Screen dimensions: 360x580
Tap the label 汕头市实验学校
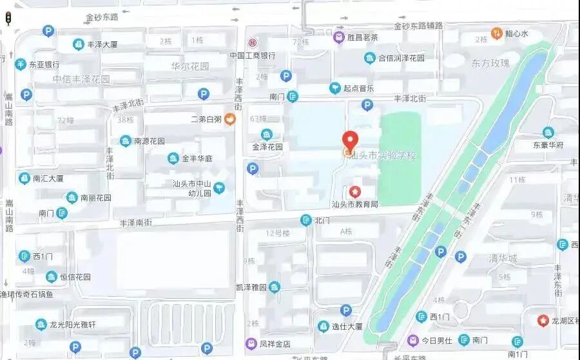click(383, 156)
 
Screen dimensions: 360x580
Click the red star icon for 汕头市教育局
click(354, 191)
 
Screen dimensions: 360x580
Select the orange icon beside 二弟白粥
click(230, 118)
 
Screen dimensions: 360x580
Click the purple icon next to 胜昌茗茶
click(338, 37)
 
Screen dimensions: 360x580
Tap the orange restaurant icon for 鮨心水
click(496, 33)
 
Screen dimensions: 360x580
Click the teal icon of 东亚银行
click(21, 64)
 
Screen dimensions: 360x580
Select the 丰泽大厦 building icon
click(78, 44)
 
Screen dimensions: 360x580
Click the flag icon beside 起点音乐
click(334, 88)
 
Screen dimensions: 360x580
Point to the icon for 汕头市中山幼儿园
click(220, 187)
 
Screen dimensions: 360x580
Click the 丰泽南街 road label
click(136, 222)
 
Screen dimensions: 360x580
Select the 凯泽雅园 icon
click(275, 287)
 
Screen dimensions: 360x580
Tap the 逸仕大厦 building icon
click(323, 327)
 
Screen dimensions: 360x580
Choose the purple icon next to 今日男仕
click(412, 339)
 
